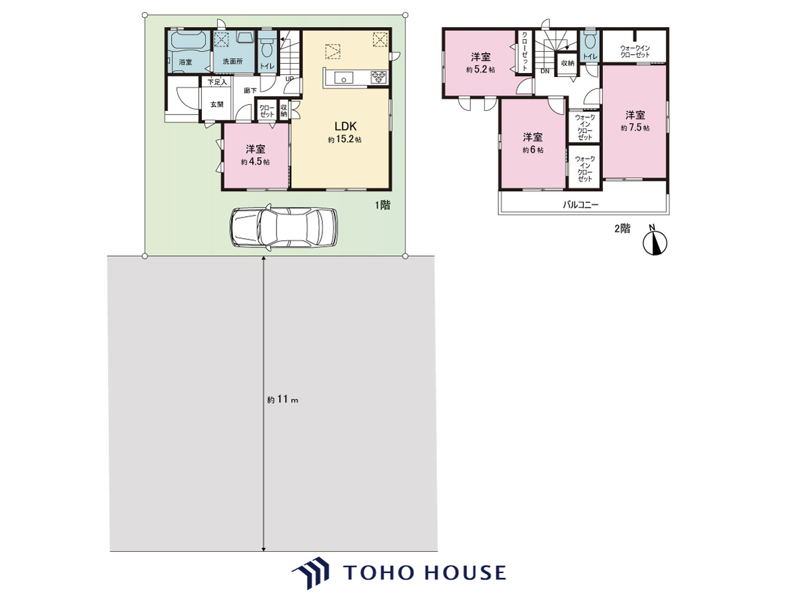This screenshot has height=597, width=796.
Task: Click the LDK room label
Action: click(345, 126)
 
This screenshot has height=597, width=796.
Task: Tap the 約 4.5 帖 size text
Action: click(255, 161)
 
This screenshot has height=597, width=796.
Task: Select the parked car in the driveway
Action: click(284, 228)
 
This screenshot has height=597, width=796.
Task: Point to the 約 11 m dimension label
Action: click(283, 399)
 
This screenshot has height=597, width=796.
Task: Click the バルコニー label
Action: click(580, 205)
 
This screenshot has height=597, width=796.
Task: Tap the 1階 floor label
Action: click(383, 205)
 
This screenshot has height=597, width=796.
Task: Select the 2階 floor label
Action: click(622, 229)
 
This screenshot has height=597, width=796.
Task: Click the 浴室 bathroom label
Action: click(185, 62)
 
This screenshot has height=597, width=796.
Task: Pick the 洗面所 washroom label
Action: click(232, 61)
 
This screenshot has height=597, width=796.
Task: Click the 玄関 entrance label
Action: click(217, 104)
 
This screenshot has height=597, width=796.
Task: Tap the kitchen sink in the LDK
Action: click(344, 78)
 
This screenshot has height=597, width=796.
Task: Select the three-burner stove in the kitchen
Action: click(379, 78)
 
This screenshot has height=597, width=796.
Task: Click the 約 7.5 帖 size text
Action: click(635, 127)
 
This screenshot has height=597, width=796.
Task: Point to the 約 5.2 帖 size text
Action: click(480, 69)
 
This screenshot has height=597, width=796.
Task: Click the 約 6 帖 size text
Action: click(533, 150)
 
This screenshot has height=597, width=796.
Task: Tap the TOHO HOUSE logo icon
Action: click(311, 573)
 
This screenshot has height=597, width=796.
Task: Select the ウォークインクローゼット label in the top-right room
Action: click(635, 52)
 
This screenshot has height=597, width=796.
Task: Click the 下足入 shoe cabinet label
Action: click(217, 82)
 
